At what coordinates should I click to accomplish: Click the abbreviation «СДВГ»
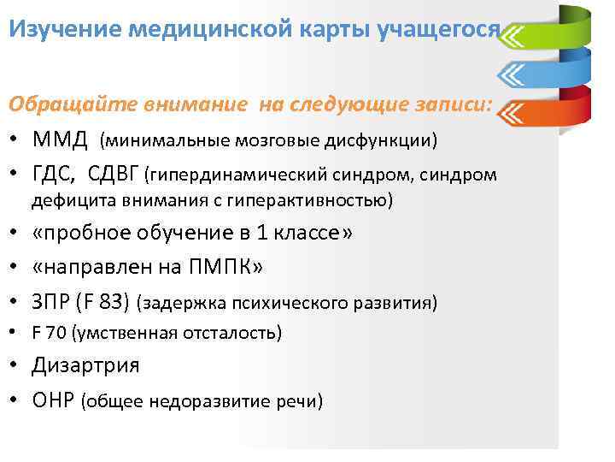pos(114,175)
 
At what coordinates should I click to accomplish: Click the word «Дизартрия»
pos(85,366)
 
